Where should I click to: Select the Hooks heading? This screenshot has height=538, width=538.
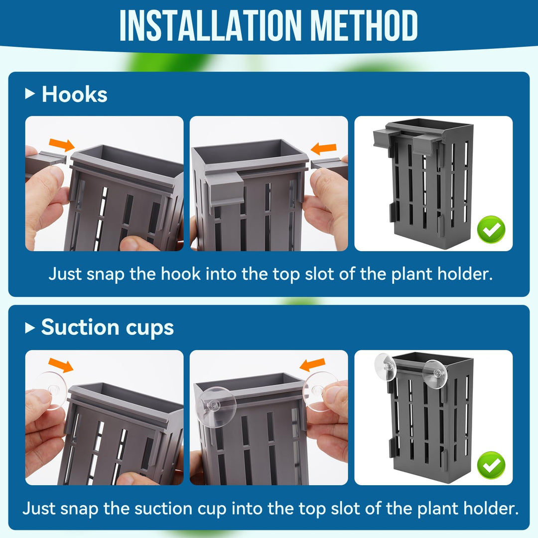[74, 94]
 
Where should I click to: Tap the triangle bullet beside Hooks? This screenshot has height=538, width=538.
[30, 94]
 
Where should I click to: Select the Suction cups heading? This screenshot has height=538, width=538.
[107, 327]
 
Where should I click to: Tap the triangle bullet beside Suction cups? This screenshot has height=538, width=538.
[30, 327]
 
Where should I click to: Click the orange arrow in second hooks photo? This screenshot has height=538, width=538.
[323, 148]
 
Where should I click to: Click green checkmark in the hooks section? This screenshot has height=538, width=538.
[491, 230]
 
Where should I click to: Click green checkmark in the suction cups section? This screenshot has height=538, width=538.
[491, 465]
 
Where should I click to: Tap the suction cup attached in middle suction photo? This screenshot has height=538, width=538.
[218, 403]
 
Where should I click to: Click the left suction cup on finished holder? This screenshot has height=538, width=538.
[386, 368]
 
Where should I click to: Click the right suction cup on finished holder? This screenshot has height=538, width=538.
[434, 372]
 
